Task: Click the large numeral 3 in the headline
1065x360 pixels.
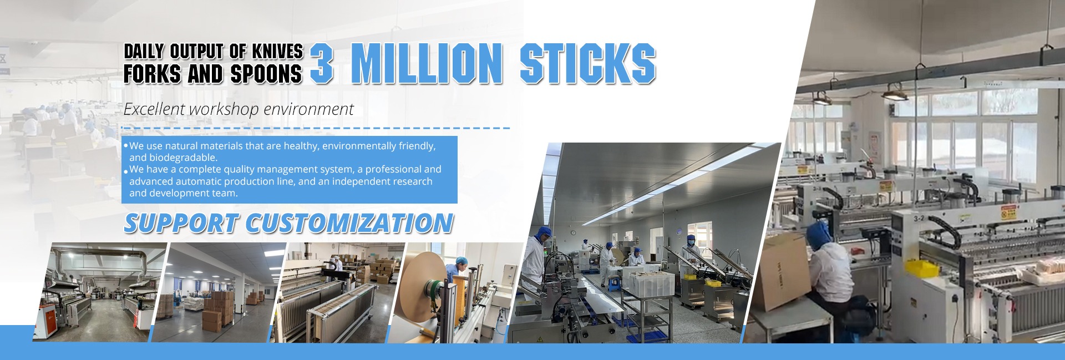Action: tap(322, 64)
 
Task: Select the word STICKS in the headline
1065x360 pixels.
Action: tap(588, 64)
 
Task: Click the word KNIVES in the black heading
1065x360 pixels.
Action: tap(277, 52)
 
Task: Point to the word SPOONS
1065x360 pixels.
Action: tap(266, 74)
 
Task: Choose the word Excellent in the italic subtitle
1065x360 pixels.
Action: tap(155, 109)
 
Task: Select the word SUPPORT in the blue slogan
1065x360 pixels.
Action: tap(181, 223)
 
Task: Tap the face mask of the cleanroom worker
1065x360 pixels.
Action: tap(691, 244)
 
